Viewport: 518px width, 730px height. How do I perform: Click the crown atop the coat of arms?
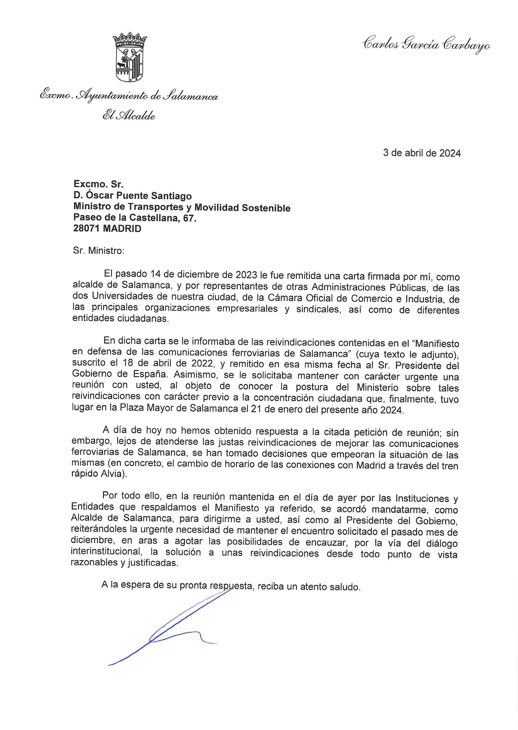130,39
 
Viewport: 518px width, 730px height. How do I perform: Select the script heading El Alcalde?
129,116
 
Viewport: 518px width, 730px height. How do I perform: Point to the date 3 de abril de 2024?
422,153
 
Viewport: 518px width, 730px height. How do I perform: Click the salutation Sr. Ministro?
98,251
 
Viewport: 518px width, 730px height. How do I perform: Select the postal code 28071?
86,229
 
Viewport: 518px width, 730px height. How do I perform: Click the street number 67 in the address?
189,218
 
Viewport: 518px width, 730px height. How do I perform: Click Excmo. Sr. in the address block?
98,184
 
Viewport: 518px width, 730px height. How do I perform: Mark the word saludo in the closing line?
344,587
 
